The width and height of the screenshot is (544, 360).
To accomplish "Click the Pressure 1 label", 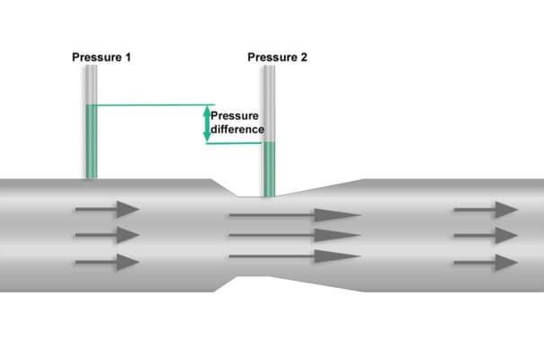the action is point(102,58).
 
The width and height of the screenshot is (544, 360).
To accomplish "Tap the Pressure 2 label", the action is point(277,58).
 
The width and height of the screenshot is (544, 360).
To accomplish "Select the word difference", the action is point(237,130).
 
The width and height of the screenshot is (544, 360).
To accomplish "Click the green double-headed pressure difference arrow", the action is point(207,123).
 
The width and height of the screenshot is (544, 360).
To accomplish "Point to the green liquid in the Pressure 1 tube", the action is point(91,141).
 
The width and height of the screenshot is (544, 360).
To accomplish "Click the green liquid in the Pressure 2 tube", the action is point(269,169).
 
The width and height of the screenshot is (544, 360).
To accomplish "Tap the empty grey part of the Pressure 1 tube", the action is point(91,85).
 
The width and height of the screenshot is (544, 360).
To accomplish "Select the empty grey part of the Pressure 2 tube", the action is point(269,103).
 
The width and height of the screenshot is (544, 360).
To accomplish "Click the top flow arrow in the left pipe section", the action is point(107,210).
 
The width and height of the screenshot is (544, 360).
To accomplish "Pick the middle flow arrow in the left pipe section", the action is point(107,235).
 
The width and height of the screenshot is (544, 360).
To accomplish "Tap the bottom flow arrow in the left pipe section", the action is point(107,262).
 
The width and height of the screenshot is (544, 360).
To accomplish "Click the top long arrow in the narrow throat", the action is point(295,215).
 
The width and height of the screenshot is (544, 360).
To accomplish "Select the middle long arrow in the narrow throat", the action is point(295,236).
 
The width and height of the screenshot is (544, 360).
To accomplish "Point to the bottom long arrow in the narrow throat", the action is point(295,256).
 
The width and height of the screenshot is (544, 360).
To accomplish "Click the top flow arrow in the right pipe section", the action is point(486,210).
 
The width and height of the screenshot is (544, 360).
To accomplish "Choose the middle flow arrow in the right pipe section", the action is point(486,236).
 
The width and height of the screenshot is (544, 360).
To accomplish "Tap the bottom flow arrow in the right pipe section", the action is point(486,263).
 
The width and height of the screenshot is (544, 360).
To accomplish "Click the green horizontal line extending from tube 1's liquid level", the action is point(156,104).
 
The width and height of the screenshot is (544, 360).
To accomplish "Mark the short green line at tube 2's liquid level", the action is point(234,143).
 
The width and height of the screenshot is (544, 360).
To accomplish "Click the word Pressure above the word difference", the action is point(235,116).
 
